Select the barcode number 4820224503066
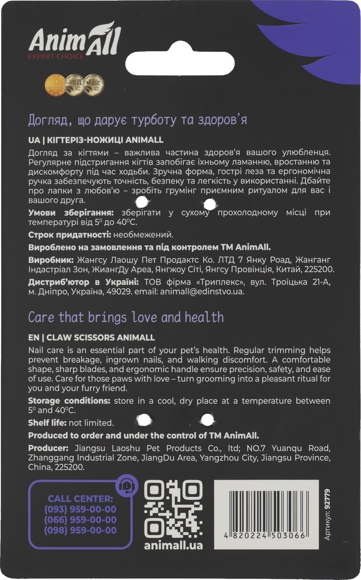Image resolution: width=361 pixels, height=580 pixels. pyautogui.click(x=265, y=535)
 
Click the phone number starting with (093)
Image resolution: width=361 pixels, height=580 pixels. pyautogui.click(x=80, y=510)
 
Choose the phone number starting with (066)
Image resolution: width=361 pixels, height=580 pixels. pyautogui.click(x=80, y=520)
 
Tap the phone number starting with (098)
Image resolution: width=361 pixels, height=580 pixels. pyautogui.click(x=80, y=531)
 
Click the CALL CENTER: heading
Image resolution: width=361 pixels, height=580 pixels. pyautogui.click(x=80, y=499)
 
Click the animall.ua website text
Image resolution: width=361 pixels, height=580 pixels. pyautogui.click(x=173, y=545)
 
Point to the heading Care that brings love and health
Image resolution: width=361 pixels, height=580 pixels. pyautogui.click(x=126, y=317)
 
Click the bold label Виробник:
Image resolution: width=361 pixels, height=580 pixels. pyautogui.click(x=51, y=260)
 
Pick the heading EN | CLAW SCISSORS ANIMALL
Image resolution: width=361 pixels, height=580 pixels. pyautogui.click(x=91, y=337)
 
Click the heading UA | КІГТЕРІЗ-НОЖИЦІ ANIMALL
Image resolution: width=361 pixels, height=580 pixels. pyautogui.click(x=96, y=140)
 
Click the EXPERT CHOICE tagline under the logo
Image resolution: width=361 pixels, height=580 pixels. pyautogui.click(x=55, y=56)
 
